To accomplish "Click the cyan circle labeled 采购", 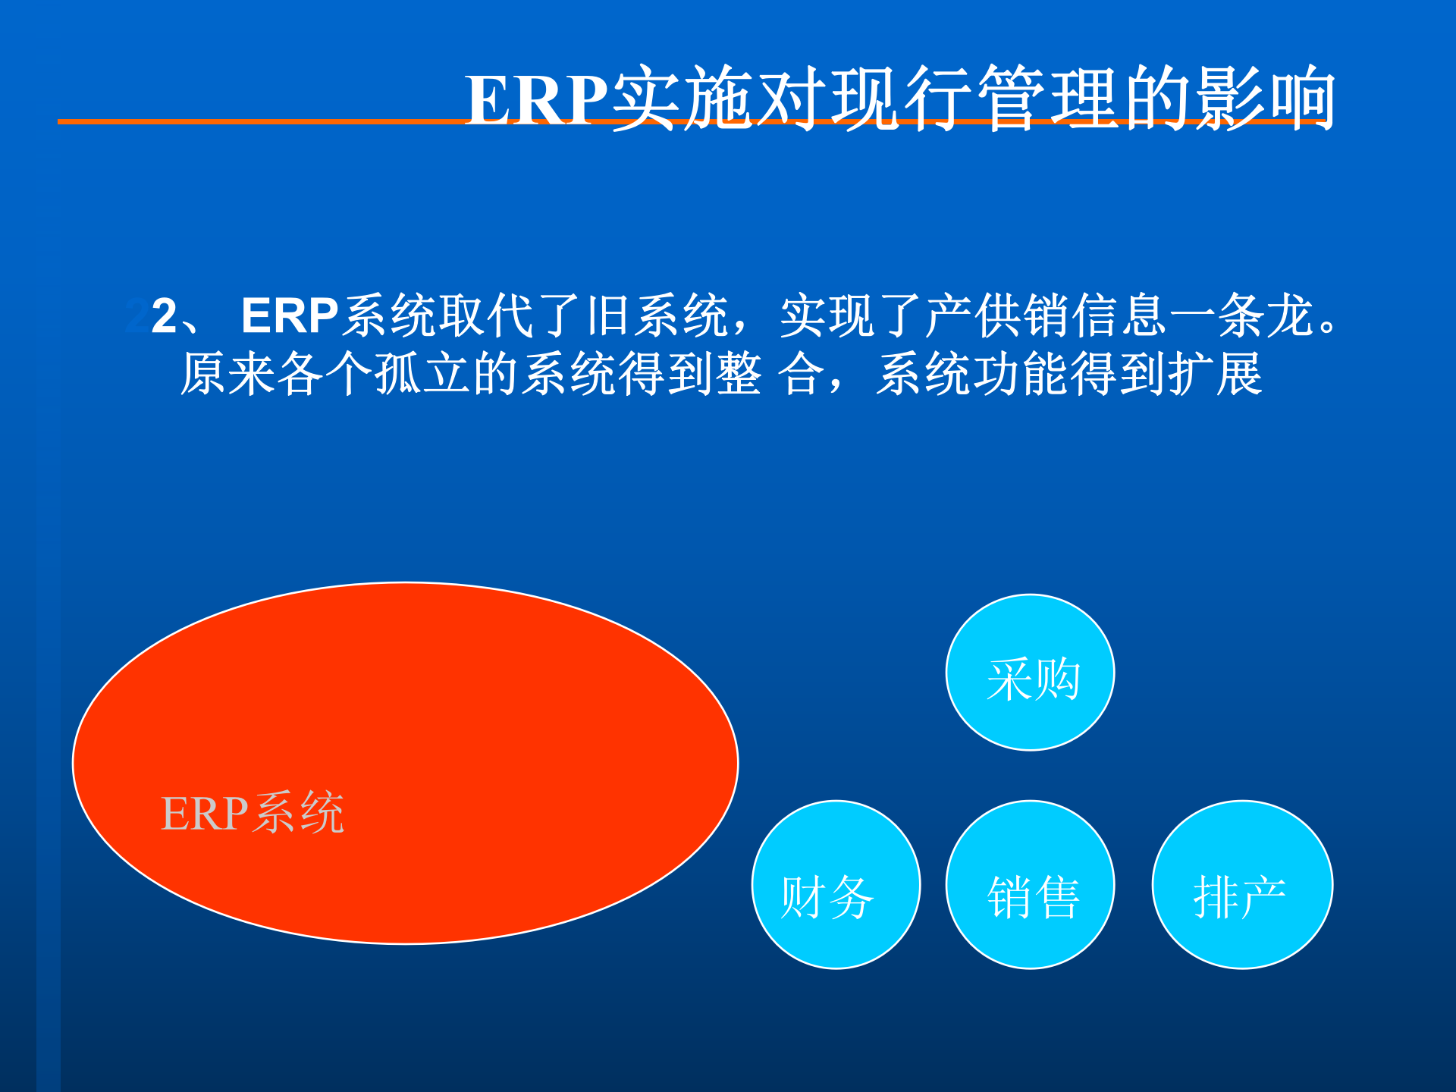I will pyautogui.click(x=1030, y=673).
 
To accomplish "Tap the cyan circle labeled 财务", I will pyautogui.click(x=836, y=885).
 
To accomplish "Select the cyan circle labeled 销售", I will pyautogui.click(x=1030, y=885).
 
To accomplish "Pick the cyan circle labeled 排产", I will pyautogui.click(x=1242, y=885).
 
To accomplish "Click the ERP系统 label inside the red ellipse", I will pyautogui.click(x=253, y=813).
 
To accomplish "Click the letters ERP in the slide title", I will pyautogui.click(x=537, y=99).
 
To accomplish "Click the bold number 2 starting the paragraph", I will pyautogui.click(x=164, y=315).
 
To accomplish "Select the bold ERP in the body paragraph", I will pyautogui.click(x=290, y=315).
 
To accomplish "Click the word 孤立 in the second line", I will pyautogui.click(x=399, y=374).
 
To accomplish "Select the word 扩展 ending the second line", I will pyautogui.click(x=1215, y=374).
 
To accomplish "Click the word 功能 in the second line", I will pyautogui.click(x=1021, y=374).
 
